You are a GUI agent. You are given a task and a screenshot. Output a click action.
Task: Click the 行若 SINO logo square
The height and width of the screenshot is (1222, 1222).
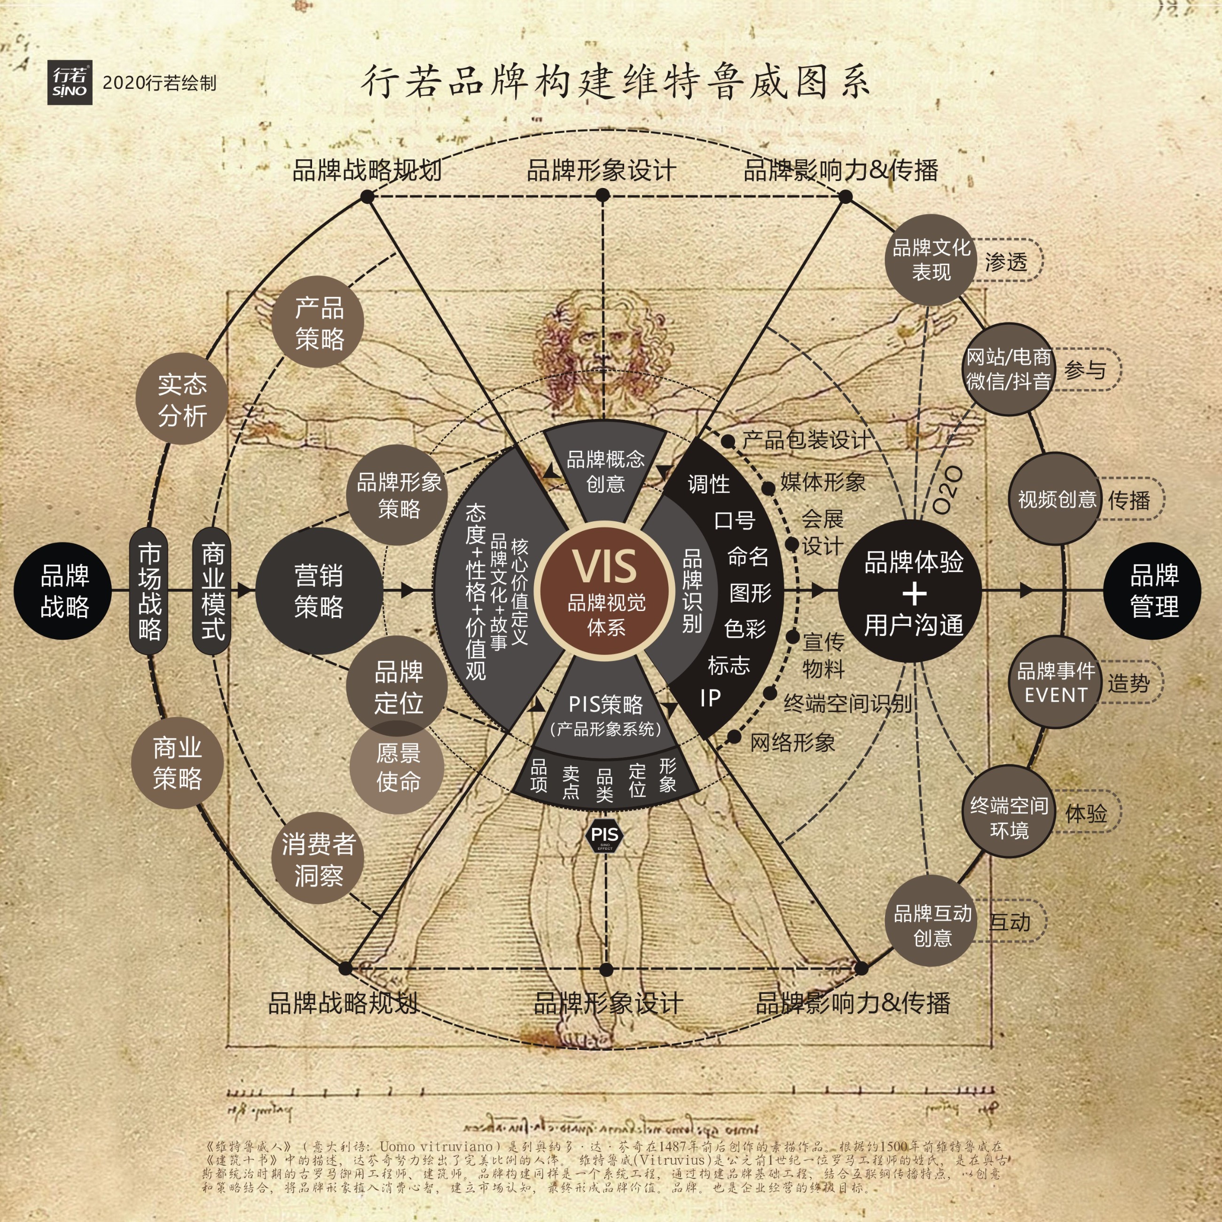(70, 83)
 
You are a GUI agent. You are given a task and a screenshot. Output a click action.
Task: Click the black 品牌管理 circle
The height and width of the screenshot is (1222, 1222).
(1153, 591)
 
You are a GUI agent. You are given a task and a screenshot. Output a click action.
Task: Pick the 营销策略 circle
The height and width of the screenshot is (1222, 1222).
(319, 591)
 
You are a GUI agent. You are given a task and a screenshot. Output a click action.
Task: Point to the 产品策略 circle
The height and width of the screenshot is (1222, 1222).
(319, 322)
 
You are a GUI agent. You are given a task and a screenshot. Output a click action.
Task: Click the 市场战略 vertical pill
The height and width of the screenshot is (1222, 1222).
(149, 591)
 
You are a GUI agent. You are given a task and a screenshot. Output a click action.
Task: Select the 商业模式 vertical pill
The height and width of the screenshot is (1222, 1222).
(212, 591)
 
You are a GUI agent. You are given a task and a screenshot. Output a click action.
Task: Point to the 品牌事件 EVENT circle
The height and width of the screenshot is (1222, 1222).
(1055, 682)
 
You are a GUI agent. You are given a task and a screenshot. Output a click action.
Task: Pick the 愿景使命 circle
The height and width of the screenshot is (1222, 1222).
(397, 767)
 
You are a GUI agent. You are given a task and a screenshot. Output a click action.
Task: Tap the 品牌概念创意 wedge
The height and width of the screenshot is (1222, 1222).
(605, 471)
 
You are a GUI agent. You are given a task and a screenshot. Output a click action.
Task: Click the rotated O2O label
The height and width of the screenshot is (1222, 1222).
(947, 490)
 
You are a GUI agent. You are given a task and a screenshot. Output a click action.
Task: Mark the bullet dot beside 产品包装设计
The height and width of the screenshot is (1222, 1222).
(728, 441)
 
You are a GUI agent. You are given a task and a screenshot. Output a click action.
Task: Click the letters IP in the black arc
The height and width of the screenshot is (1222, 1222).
(710, 697)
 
